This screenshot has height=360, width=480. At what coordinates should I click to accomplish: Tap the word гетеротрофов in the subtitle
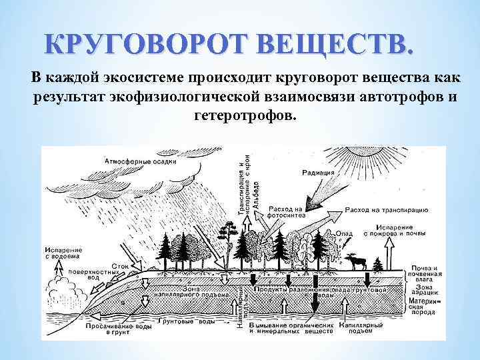click(244, 115)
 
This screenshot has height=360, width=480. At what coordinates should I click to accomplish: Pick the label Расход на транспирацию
click(386, 210)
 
